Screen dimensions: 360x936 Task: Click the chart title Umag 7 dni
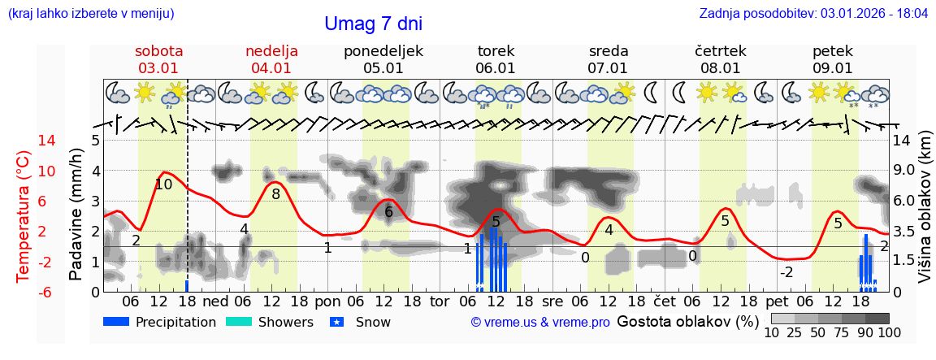[373, 24]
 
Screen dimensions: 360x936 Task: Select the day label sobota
[159, 51]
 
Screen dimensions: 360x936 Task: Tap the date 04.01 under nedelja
[271, 68]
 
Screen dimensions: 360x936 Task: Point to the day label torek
[496, 51]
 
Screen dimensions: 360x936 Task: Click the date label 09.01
[833, 68]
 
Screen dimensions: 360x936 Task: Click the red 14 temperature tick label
[24, 141]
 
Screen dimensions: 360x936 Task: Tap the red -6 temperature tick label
[24, 292]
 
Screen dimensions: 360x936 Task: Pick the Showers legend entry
[284, 322]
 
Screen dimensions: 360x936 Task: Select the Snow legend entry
[373, 322]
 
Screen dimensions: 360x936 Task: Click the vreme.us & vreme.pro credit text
[540, 322]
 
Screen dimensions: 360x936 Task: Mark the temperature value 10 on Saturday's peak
[163, 184]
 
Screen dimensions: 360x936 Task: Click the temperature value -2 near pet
[786, 272]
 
